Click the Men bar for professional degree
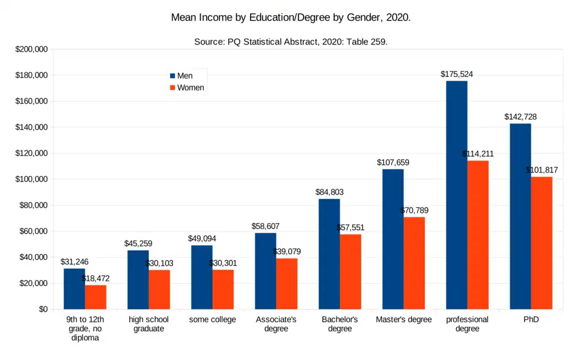(x=457, y=195)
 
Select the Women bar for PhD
(x=542, y=243)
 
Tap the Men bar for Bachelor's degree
(x=329, y=254)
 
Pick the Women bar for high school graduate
(x=159, y=290)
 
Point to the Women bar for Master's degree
(x=414, y=263)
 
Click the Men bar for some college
(x=201, y=277)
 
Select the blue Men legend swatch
(x=172, y=76)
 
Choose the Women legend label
(x=191, y=88)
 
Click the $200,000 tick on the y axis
(x=32, y=49)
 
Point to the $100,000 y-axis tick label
(x=32, y=179)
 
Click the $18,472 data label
(x=96, y=279)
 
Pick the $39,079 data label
(x=287, y=252)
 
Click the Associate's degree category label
(x=276, y=324)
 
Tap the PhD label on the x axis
(x=531, y=320)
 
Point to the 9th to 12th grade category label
(x=85, y=329)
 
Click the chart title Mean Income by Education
(x=291, y=17)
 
